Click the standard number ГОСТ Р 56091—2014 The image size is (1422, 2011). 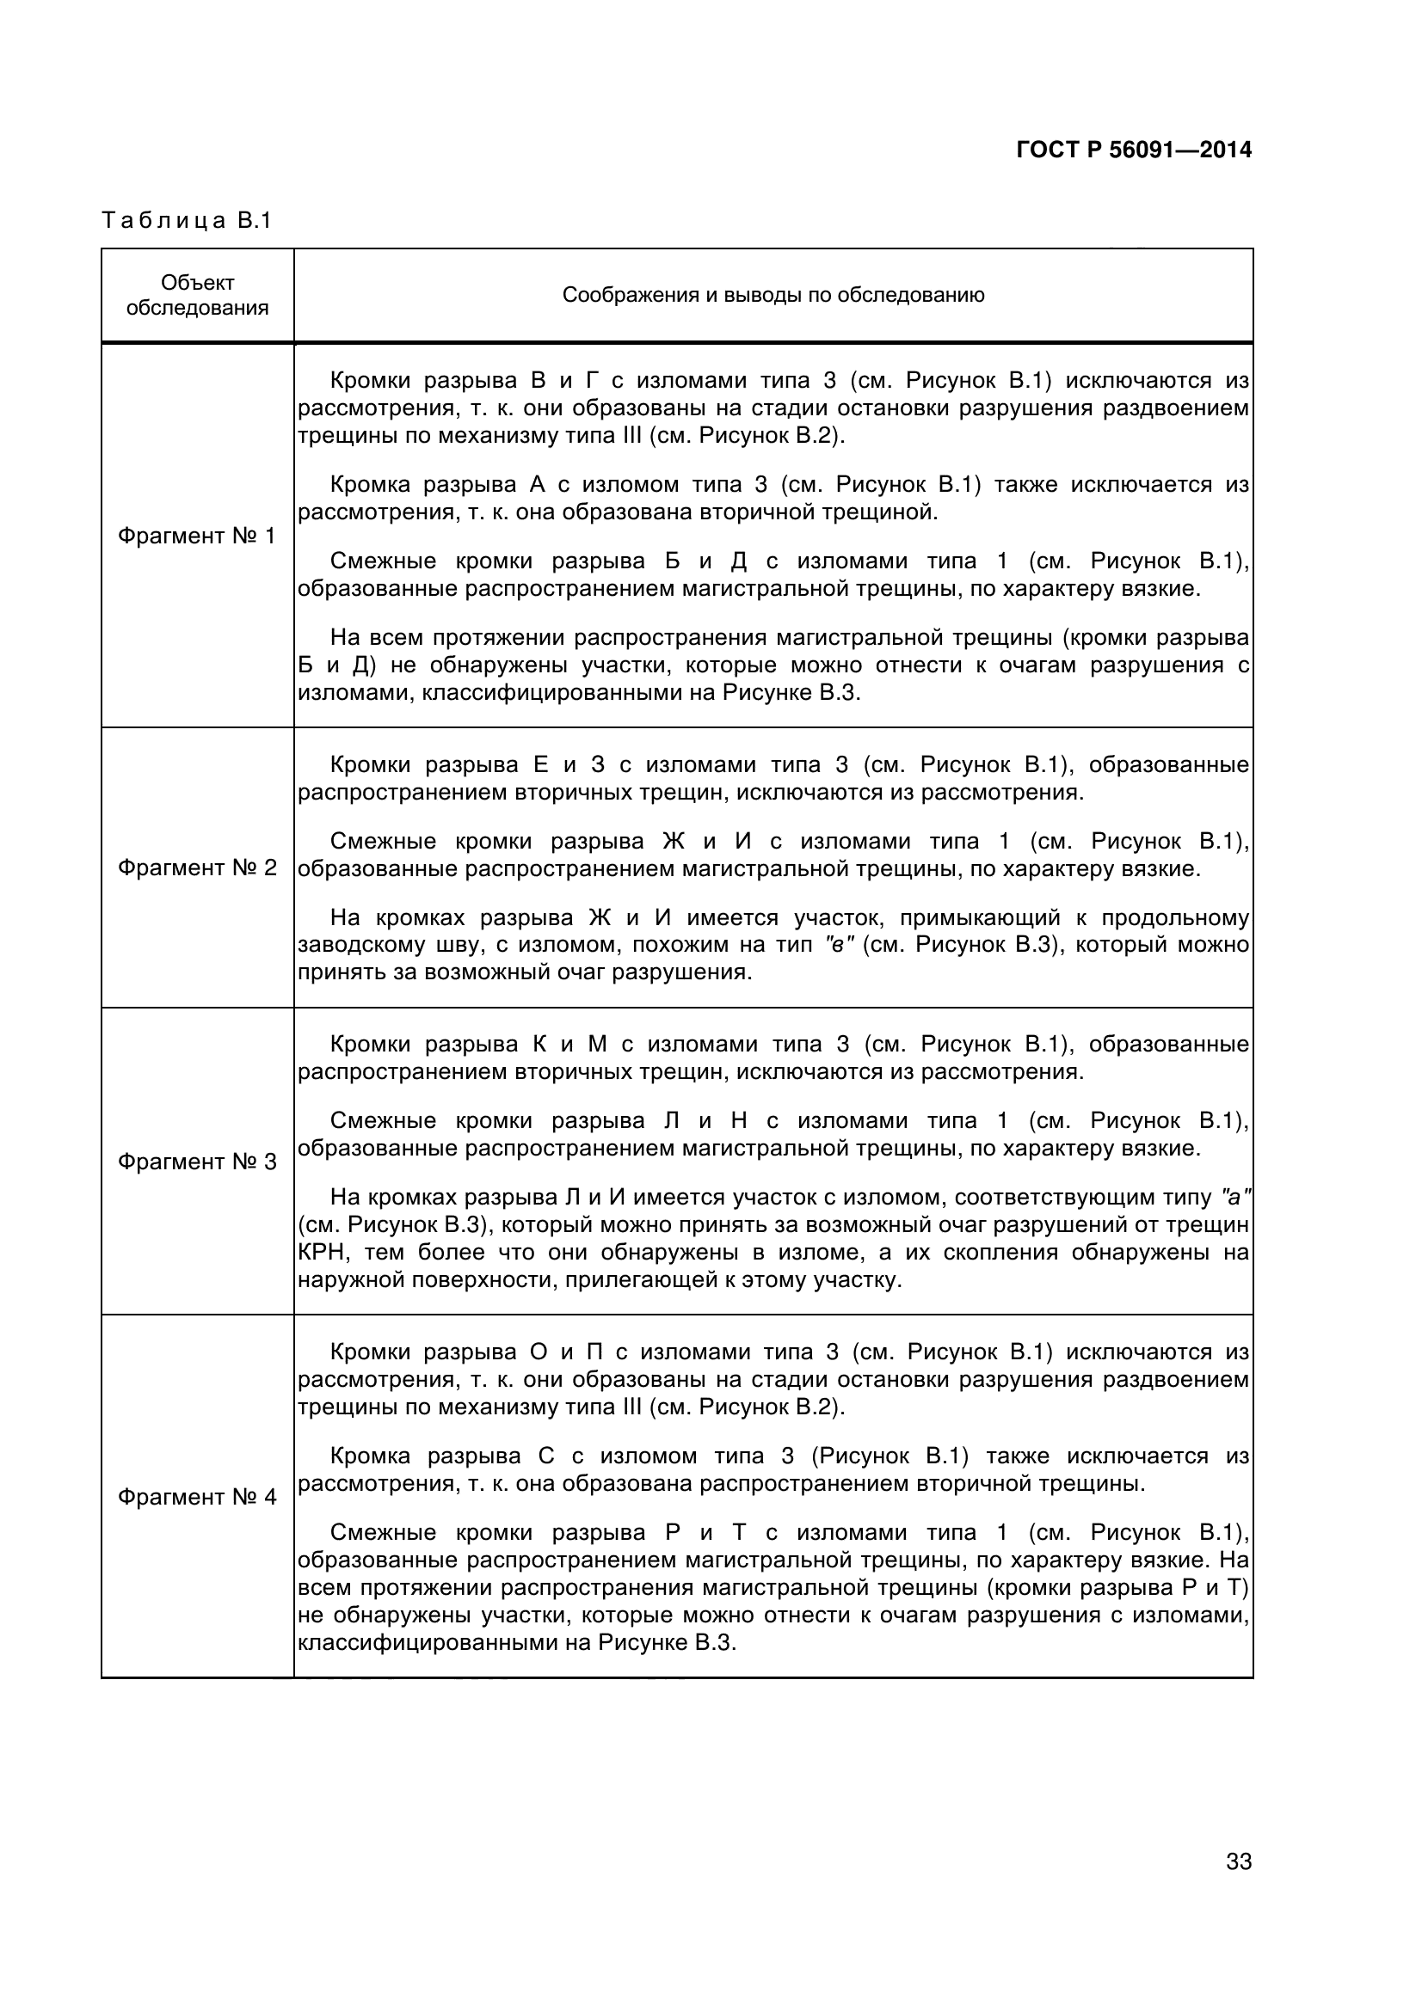(1133, 150)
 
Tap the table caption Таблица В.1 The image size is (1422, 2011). (187, 220)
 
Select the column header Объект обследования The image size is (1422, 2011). (197, 295)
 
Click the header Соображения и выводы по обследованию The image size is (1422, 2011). (773, 295)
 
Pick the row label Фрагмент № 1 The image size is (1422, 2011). (196, 536)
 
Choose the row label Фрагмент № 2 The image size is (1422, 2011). (196, 868)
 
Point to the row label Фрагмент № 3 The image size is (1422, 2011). (196, 1162)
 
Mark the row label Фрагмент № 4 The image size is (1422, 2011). (196, 1497)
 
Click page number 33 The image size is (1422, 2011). (1238, 1885)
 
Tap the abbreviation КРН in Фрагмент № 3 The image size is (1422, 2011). (323, 1253)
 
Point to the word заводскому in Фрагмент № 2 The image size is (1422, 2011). (349, 945)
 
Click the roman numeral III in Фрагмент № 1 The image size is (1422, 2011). (631, 436)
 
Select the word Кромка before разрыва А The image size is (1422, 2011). (369, 484)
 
